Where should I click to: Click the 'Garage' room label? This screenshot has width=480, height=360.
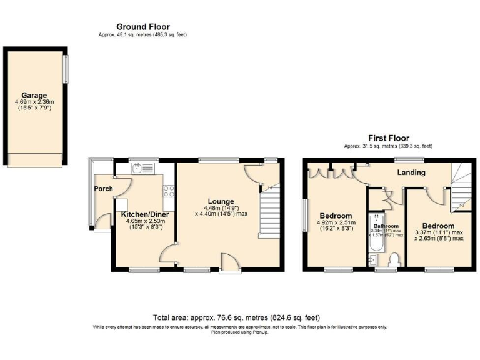[34, 96]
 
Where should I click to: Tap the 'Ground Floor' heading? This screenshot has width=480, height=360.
[142, 26]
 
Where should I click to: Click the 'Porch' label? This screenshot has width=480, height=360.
[103, 189]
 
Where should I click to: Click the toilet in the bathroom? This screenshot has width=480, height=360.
[394, 259]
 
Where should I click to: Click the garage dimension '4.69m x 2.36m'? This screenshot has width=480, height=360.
[34, 102]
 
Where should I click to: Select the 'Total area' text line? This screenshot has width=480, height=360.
[240, 317]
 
